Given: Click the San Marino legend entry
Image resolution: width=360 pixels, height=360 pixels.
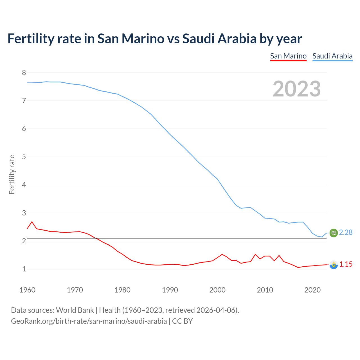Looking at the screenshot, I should (x=288, y=56).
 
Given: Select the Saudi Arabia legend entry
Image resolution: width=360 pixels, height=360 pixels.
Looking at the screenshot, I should (x=332, y=56).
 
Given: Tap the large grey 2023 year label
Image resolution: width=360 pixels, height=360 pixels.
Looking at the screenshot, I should (x=297, y=89).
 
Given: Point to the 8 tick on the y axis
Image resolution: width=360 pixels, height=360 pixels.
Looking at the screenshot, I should (x=24, y=73).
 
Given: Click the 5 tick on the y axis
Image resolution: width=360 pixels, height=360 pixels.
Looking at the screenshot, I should (x=24, y=157).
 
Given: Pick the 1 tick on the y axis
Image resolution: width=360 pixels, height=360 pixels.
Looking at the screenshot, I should (x=24, y=269).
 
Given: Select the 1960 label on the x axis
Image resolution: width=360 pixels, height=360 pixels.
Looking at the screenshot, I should (x=27, y=290).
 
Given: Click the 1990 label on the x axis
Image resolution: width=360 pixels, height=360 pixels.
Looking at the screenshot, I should (x=170, y=290).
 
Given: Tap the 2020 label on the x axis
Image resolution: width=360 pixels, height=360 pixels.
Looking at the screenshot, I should (x=312, y=290).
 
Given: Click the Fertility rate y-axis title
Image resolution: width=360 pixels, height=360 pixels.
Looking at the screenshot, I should (x=12, y=174).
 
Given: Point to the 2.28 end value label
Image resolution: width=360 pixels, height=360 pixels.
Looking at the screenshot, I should (x=346, y=233).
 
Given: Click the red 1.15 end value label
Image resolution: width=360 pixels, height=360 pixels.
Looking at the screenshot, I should (x=346, y=264).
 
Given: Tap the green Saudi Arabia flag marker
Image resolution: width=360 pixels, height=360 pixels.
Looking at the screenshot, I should (x=334, y=233).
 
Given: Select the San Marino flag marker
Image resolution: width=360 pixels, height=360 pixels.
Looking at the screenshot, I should (x=334, y=265).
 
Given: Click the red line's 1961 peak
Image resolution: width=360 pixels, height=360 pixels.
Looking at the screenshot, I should (x=32, y=222).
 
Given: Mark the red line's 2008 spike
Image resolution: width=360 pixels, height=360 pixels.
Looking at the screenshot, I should (x=255, y=255).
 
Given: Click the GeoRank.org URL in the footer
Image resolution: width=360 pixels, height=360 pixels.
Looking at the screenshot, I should (x=89, y=321).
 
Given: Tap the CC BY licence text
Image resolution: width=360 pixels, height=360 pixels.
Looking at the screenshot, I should (x=182, y=321).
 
